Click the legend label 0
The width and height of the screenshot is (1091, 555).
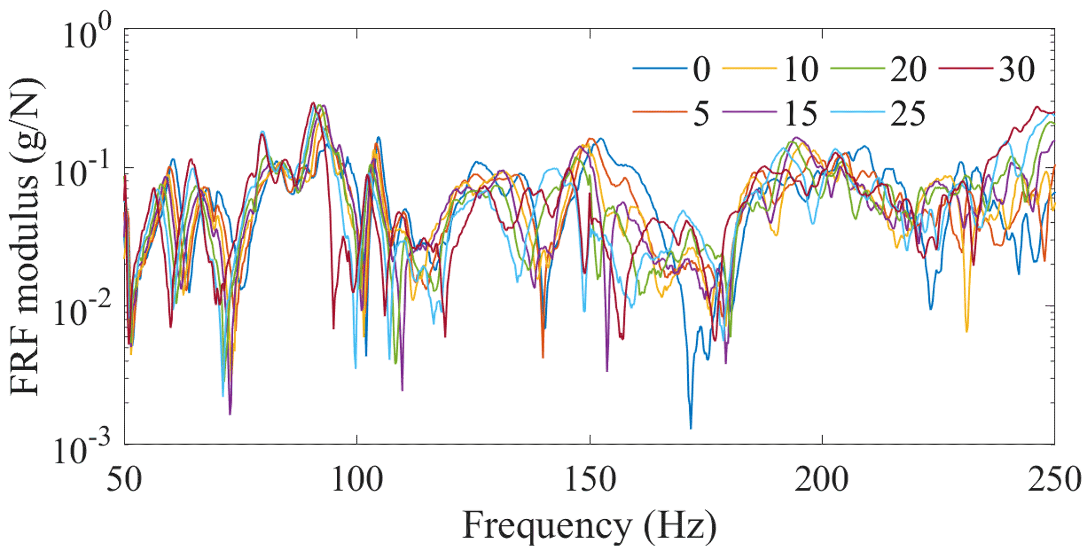pyautogui.click(x=701, y=69)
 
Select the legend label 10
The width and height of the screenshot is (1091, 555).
pyautogui.click(x=801, y=69)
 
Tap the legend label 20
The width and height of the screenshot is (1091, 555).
pyautogui.click(x=908, y=69)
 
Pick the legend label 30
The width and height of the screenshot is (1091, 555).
pyautogui.click(x=1017, y=69)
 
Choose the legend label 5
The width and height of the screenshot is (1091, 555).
pyautogui.click(x=701, y=114)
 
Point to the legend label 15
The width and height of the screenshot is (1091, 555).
pyautogui.click(x=801, y=114)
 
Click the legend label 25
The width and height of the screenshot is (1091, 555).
pyautogui.click(x=908, y=114)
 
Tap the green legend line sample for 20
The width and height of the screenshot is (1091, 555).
pyautogui.click(x=857, y=69)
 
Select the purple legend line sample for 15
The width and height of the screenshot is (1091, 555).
pyautogui.click(x=749, y=112)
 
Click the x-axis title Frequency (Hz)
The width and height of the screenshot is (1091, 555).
pyautogui.click(x=590, y=525)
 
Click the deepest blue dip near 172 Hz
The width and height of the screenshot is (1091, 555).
pyautogui.click(x=690, y=427)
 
